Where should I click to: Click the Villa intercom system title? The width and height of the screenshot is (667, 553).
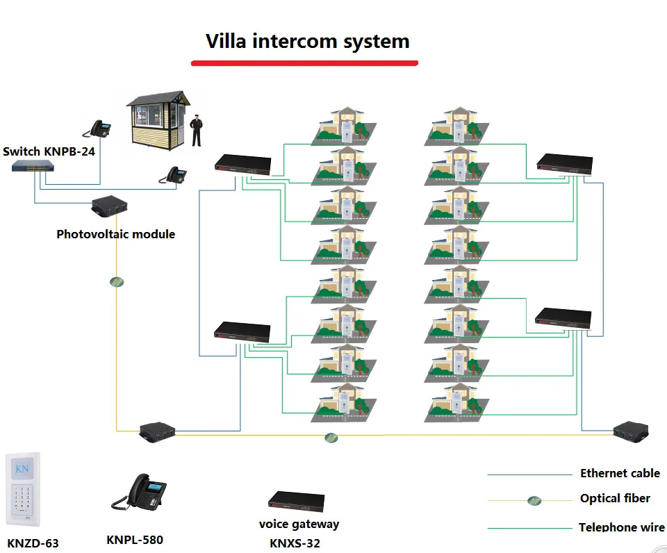tap(308, 42)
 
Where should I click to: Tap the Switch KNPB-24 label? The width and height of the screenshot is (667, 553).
tap(49, 151)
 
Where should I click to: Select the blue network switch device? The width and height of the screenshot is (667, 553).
tap(33, 166)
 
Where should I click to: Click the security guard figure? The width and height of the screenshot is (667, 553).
tap(196, 130)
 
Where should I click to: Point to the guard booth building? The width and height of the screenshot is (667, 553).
tap(158, 120)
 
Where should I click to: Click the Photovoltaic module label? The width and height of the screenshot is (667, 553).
tap(116, 234)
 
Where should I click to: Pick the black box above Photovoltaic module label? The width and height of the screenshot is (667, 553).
tap(109, 206)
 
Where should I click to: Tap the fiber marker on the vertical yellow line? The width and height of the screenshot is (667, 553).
tap(117, 281)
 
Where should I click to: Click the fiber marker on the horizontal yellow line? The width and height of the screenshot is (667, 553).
tap(331, 437)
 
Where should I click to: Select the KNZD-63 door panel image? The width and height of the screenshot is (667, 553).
tap(23, 489)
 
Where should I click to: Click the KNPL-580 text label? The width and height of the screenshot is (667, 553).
tap(135, 540)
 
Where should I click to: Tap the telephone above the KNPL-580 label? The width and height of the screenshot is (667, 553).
tap(139, 492)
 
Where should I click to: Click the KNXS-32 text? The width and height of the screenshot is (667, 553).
tap(295, 543)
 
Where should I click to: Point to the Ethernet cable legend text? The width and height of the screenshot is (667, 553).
tap(620, 473)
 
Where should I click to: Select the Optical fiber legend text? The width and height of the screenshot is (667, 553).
tap(615, 498)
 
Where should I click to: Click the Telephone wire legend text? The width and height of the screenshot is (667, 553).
tap(621, 527)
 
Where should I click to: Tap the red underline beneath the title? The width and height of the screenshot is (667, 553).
tap(304, 63)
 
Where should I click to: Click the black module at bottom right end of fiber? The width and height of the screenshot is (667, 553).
tap(631, 431)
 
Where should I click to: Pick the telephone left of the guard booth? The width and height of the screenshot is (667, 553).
tap(97, 129)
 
